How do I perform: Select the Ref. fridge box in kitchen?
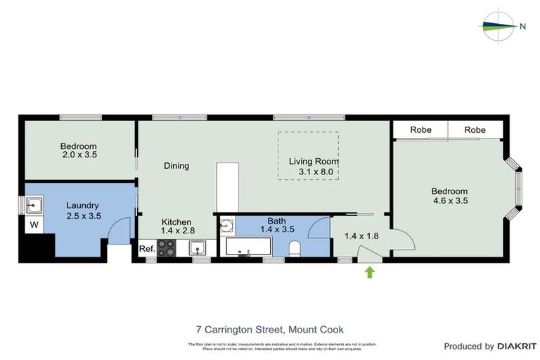147,249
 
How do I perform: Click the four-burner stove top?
167,248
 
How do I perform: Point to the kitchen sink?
198,247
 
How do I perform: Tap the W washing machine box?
33,226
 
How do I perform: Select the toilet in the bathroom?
296,248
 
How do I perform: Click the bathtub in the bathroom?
248,247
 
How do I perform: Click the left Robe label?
420,130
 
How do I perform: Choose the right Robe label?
475,130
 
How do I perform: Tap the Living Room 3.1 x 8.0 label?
310,166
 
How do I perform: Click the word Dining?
176,166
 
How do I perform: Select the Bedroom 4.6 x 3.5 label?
449,195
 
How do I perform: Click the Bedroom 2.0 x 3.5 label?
78,151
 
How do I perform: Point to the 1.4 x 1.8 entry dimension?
361,236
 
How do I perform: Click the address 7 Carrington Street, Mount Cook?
269,329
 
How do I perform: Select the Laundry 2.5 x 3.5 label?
83,210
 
